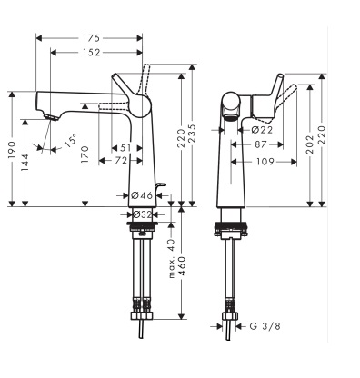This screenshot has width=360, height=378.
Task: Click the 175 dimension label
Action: (x=91, y=38)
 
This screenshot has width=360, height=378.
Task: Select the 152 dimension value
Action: (x=91, y=53)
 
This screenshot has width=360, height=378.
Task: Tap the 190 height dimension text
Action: (x=12, y=150)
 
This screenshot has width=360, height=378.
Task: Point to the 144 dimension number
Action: (x=25, y=163)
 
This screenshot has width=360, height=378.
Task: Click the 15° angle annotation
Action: (x=69, y=142)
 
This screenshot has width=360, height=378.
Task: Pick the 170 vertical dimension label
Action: (x=85, y=154)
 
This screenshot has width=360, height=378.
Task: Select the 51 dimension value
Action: (x=125, y=148)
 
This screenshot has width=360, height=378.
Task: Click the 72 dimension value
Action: (x=121, y=161)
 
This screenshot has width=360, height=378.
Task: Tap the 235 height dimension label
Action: (x=193, y=134)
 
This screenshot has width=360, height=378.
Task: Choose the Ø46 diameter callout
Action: (x=142, y=195)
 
